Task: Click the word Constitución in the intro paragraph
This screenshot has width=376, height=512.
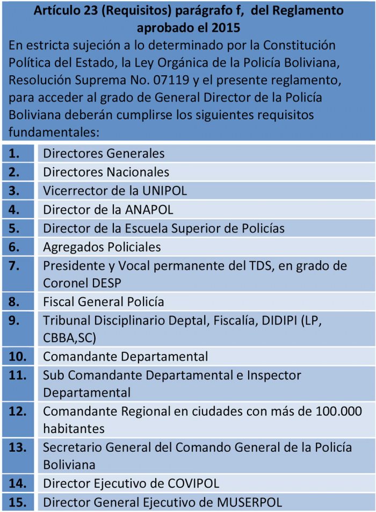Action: click(x=300, y=45)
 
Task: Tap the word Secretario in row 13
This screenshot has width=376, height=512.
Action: click(x=71, y=448)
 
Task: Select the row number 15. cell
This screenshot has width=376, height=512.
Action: click(x=18, y=503)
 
